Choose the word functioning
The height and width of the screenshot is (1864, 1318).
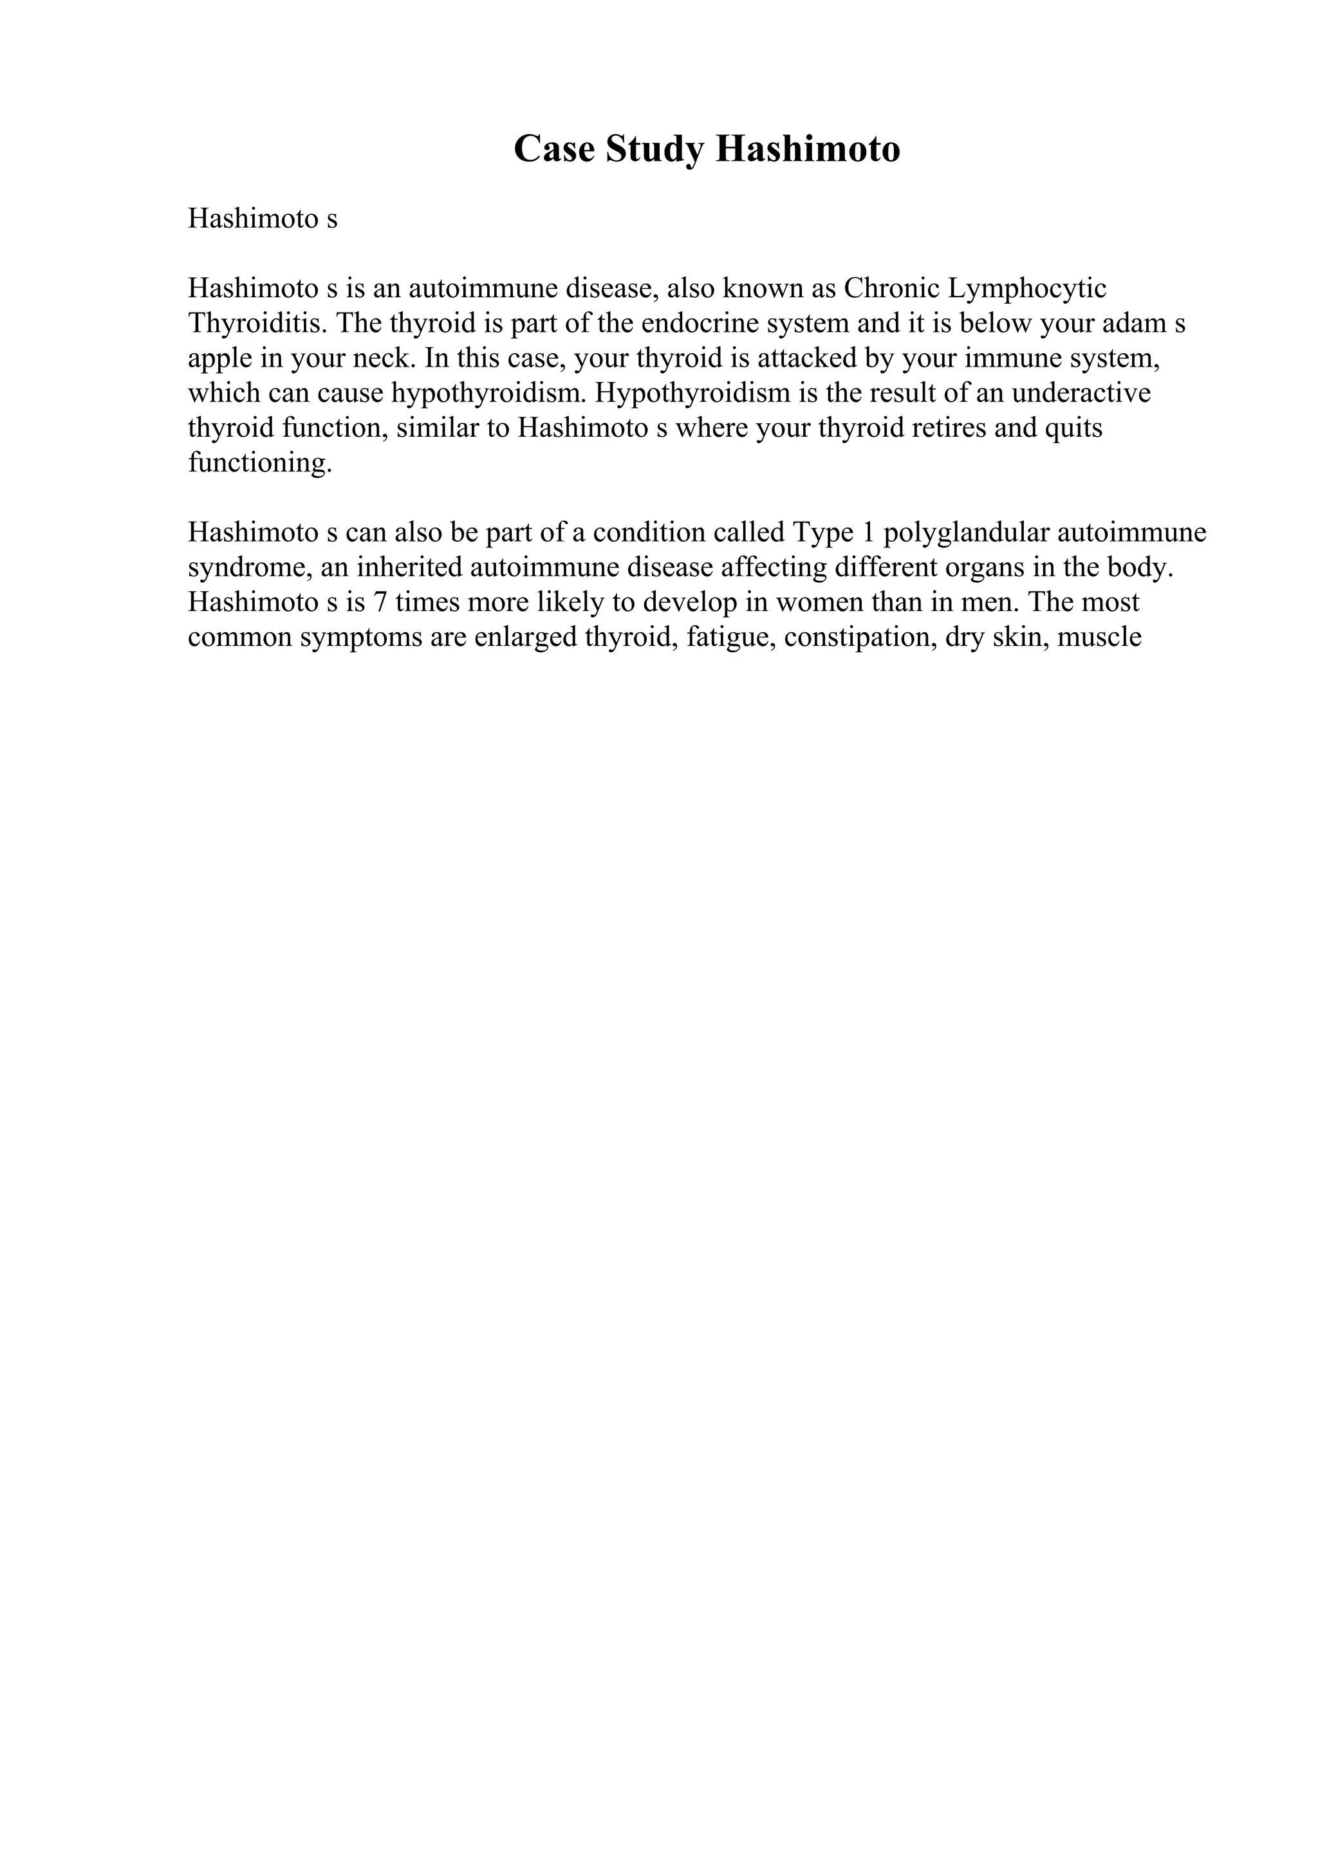[260, 462]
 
